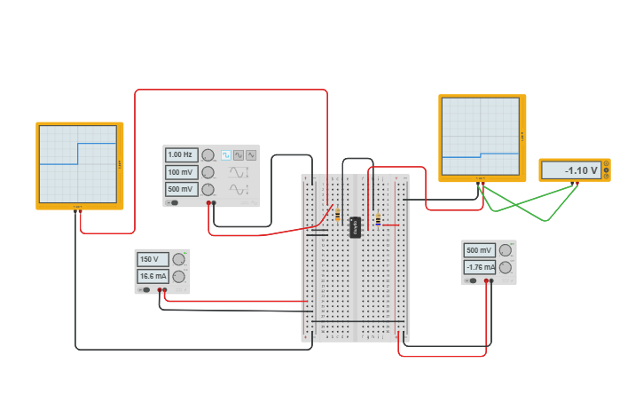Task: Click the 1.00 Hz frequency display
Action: (x=181, y=154)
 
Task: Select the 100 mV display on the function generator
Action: (x=181, y=172)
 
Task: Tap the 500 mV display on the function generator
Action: (x=181, y=189)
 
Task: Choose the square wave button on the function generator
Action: (x=225, y=155)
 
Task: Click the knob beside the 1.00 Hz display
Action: (x=208, y=155)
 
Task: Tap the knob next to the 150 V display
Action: (x=178, y=259)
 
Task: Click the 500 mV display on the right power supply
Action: (x=480, y=250)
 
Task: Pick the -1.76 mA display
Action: (x=480, y=267)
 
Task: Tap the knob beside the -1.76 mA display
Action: (x=506, y=267)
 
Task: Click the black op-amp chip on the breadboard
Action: (x=355, y=227)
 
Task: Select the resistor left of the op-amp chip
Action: (x=337, y=214)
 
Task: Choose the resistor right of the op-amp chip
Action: (x=378, y=219)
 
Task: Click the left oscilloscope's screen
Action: (x=78, y=164)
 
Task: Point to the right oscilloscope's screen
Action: (x=481, y=137)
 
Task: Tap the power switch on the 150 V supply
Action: (x=145, y=289)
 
